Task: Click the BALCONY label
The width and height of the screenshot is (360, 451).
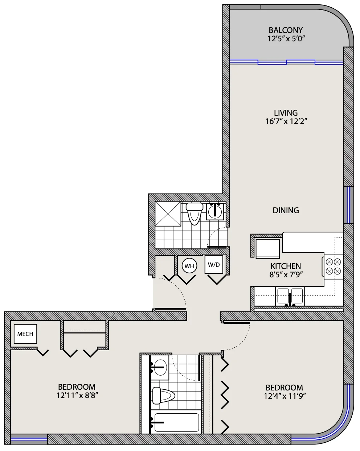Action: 286,30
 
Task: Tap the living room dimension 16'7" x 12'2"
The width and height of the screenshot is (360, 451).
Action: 286,121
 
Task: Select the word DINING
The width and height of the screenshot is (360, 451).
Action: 286,210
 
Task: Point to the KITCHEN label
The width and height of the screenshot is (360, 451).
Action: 286,266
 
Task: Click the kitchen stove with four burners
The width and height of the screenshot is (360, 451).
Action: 333,266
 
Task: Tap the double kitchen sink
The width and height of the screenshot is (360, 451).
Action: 290,296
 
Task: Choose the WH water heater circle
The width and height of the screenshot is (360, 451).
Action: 189,266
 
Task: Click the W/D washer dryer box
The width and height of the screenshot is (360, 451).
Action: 214,265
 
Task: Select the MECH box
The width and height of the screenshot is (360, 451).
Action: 25,334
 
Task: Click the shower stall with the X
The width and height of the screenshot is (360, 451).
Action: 168,214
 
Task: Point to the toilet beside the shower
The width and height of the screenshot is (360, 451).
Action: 194,214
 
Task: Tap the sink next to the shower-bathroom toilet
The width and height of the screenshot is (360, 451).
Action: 215,211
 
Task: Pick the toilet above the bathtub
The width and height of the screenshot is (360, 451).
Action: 164,396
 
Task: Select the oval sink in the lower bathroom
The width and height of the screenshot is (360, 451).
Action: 160,367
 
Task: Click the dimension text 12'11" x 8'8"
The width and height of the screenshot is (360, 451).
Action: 77,396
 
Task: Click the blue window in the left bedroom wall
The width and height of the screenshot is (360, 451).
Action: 29,439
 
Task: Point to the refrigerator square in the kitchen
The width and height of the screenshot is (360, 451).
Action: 267,249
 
